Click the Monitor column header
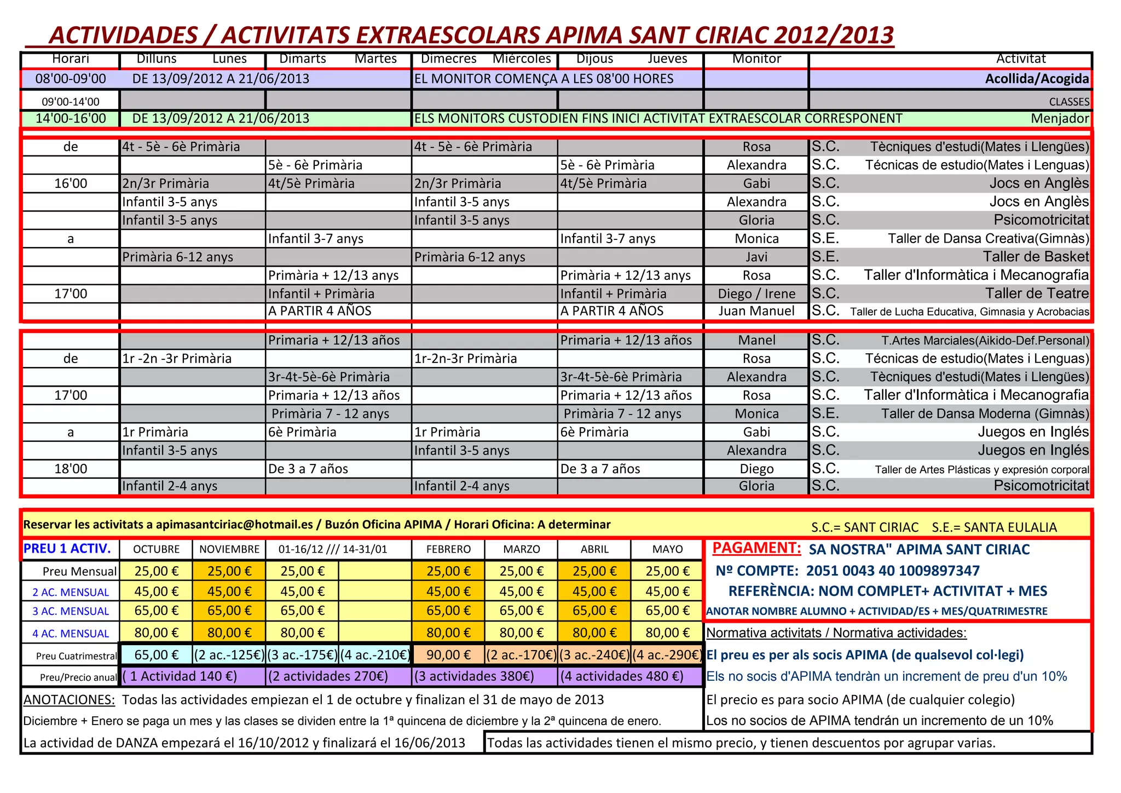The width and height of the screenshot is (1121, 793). [x=756, y=59]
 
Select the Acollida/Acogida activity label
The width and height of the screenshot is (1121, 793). [x=1037, y=79]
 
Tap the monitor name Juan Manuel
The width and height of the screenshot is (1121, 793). [x=756, y=311]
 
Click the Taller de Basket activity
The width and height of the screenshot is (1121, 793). [x=1036, y=257]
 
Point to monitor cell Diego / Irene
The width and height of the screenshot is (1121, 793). [x=756, y=294]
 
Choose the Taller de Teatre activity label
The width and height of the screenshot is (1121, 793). [x=1037, y=294]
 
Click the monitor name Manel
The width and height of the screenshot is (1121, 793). [x=756, y=340]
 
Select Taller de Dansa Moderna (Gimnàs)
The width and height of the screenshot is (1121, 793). [x=985, y=413]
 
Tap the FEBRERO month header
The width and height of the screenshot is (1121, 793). [x=448, y=549]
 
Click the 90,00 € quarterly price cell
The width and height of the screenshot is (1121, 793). [x=448, y=654]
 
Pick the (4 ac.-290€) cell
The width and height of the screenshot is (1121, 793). [x=667, y=654]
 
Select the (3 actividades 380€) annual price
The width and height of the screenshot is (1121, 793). [x=474, y=676]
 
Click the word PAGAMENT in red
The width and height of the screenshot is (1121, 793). [x=756, y=548]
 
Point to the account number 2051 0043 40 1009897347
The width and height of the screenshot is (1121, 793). [x=893, y=571]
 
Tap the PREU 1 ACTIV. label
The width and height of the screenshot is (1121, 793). [x=67, y=549]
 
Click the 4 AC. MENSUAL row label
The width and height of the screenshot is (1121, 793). [x=71, y=634]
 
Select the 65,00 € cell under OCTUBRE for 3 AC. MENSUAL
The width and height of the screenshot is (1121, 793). [x=156, y=611]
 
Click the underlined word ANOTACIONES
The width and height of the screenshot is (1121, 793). [x=69, y=700]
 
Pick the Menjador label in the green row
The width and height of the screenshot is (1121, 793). [x=1060, y=118]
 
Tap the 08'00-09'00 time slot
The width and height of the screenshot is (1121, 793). [x=71, y=79]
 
